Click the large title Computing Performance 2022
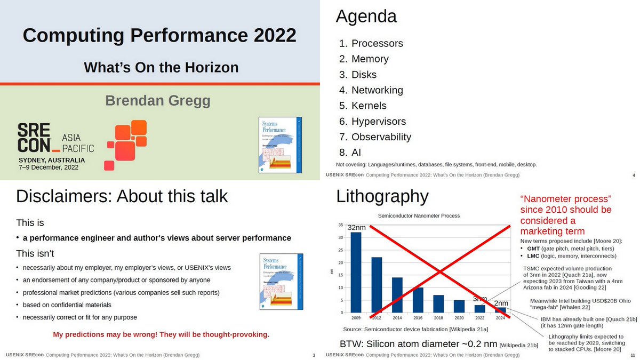[159, 36]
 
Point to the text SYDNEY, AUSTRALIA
[52, 160]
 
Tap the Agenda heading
[366, 17]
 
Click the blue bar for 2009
[356, 272]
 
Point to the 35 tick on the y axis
[340, 225]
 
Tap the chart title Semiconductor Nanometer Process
[419, 215]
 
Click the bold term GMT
[533, 249]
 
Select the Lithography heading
[382, 196]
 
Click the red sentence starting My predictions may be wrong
[161, 335]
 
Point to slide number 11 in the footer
[632, 355]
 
